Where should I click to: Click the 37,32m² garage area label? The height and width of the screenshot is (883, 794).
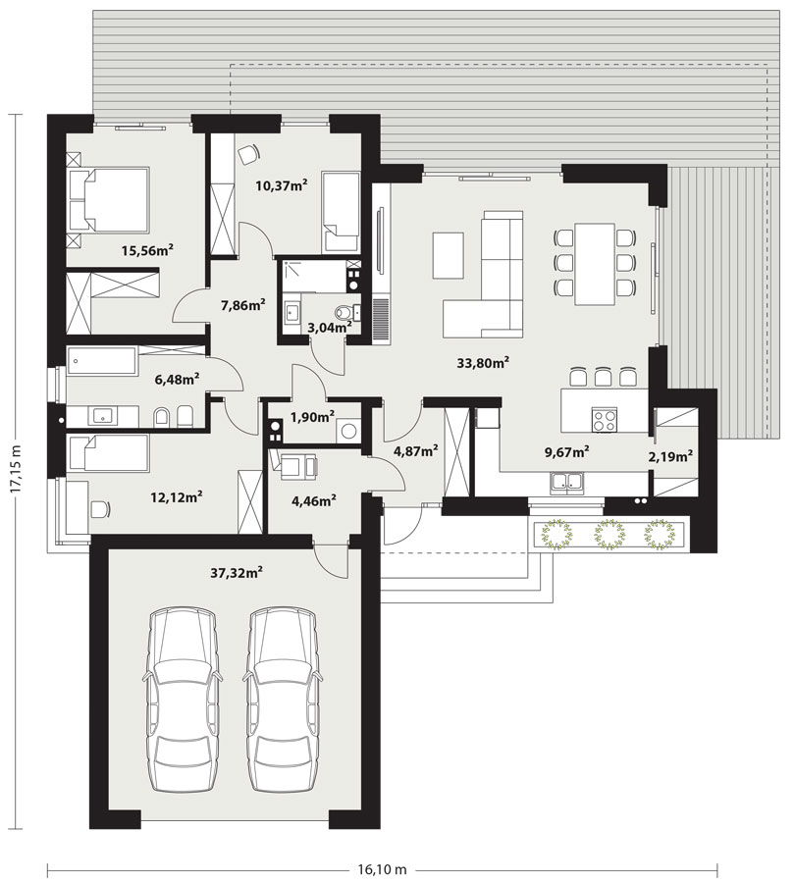[x=237, y=573]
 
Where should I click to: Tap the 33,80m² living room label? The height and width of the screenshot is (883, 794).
[x=483, y=363]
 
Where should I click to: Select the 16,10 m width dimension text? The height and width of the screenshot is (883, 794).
[x=382, y=869]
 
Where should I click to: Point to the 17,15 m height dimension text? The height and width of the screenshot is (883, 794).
[x=17, y=470]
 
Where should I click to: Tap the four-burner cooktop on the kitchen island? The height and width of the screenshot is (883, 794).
[x=605, y=419]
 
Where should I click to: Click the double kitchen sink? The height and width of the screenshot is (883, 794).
[x=567, y=483]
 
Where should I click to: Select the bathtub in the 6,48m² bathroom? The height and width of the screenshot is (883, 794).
[x=102, y=361]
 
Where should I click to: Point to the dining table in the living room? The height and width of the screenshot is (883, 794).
[x=595, y=264]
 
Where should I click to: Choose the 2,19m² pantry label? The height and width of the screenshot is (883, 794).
[x=670, y=456]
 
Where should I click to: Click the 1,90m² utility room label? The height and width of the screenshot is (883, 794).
[x=313, y=417]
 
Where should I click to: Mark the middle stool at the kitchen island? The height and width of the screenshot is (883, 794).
[x=604, y=376]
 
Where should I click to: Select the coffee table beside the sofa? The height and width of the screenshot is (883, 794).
[x=448, y=256]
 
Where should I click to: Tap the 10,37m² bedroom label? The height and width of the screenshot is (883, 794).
[x=282, y=184]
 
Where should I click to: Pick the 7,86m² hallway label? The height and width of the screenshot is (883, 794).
[x=243, y=305]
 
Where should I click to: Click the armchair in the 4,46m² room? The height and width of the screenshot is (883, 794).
[x=293, y=466]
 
